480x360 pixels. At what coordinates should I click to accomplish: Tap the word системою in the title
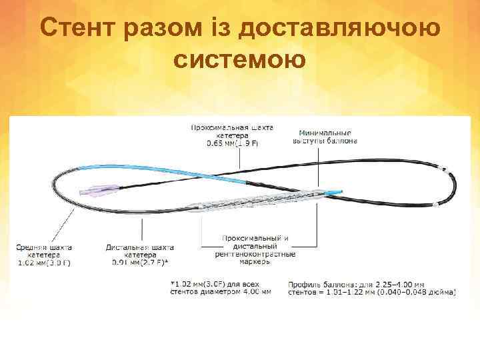239,59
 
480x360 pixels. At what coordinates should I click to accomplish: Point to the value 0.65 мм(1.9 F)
233,144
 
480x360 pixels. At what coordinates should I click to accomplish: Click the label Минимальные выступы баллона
325,137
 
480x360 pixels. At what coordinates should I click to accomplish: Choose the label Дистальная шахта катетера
139,250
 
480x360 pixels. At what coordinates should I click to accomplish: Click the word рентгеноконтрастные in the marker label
255,254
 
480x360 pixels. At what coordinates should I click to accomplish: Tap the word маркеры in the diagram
255,262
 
